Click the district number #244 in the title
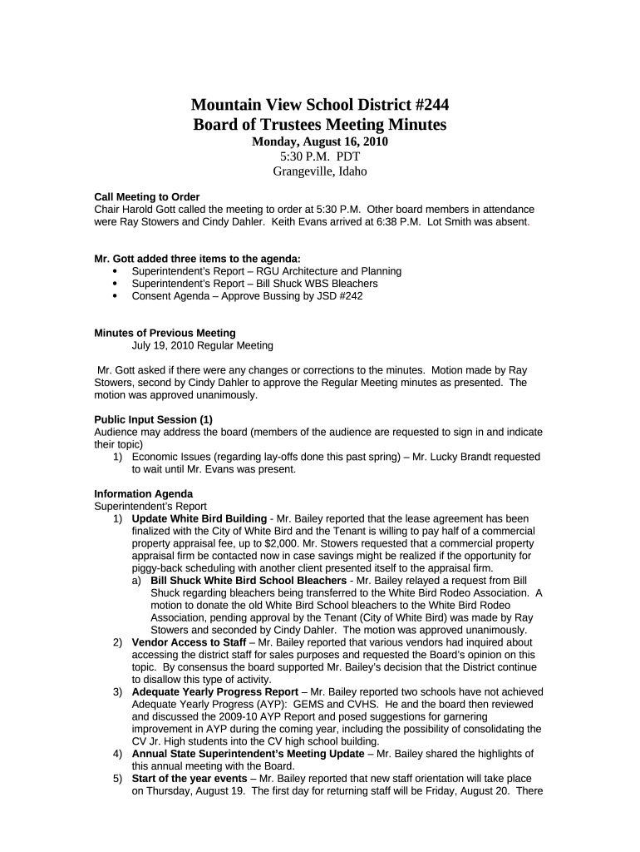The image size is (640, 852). tap(431, 105)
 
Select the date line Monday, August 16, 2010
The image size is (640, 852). tap(320, 141)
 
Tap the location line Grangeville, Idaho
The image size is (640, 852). tap(320, 171)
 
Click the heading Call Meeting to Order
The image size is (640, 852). tap(147, 197)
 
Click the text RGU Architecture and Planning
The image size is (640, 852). tap(319, 271)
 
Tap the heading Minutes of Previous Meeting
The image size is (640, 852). tap(165, 333)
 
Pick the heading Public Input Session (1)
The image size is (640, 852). tap(154, 419)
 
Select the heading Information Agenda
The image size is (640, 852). tap(143, 493)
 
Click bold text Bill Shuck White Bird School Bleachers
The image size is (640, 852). tap(249, 580)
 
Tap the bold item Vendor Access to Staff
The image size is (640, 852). tap(189, 642)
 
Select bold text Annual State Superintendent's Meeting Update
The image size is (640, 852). tap(248, 754)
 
